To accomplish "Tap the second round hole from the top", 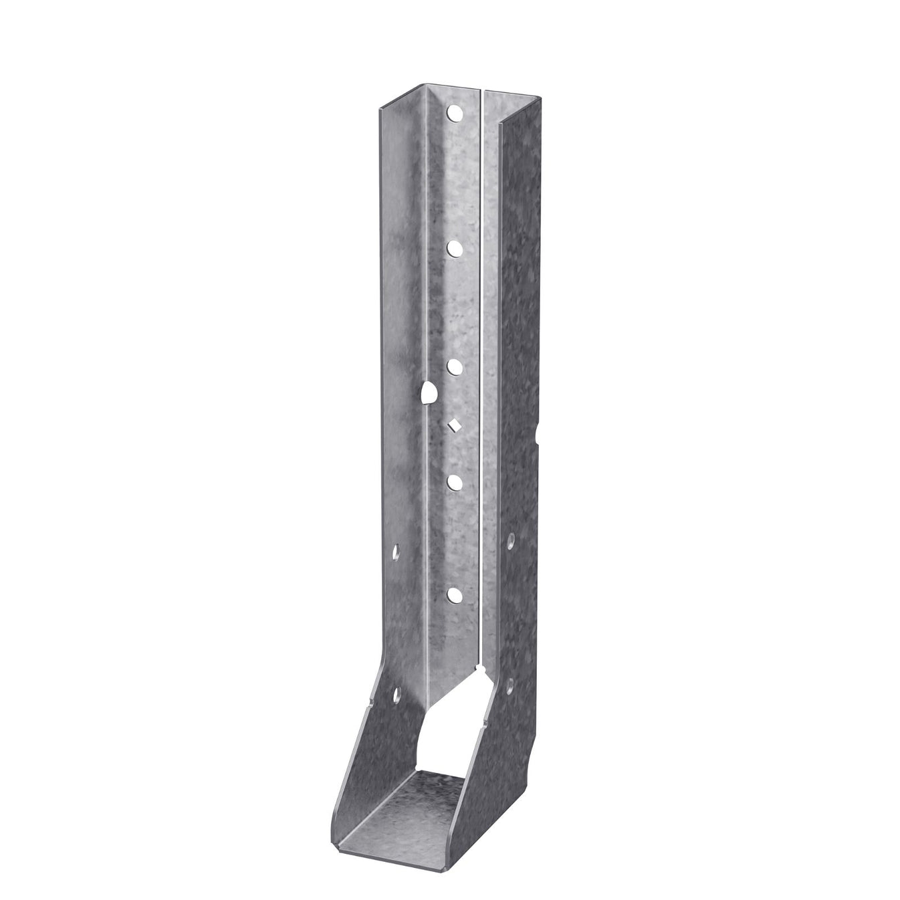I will click(454, 248).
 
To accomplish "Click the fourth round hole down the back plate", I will click(454, 481).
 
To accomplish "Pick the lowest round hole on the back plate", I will click(454, 594).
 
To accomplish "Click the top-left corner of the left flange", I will click(378, 106).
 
